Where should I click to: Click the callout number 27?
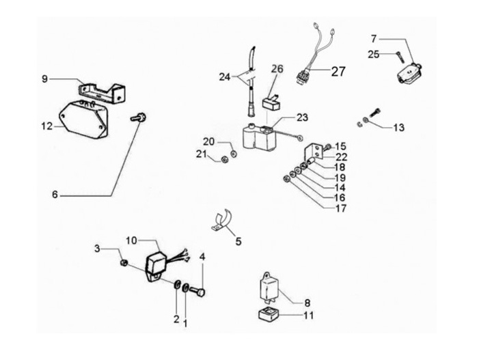(x=340, y=71)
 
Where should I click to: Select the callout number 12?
(x=46, y=126)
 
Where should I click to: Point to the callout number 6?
(x=55, y=195)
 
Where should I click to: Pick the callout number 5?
(x=238, y=241)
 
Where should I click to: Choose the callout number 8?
(x=307, y=301)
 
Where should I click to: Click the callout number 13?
(x=398, y=126)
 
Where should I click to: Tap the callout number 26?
(x=277, y=68)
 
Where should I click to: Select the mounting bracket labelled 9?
(x=102, y=92)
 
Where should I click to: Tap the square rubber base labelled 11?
(x=266, y=316)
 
